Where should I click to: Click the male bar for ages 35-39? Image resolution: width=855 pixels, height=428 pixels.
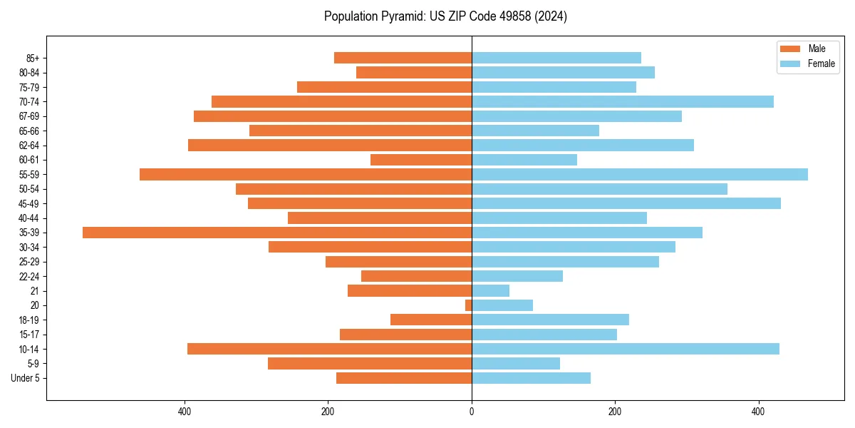click(x=277, y=233)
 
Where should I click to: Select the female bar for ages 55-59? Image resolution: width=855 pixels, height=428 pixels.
click(x=640, y=174)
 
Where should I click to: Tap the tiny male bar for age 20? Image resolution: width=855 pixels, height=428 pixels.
click(x=468, y=305)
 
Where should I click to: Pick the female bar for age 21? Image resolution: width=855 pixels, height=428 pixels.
click(x=490, y=290)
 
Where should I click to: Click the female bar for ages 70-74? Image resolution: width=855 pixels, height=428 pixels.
click(x=623, y=101)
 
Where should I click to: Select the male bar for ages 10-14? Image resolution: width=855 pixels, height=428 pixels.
click(x=329, y=349)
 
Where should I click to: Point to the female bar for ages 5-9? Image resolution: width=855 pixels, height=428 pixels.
click(x=516, y=363)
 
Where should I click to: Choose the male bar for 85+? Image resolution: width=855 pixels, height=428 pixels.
click(x=403, y=58)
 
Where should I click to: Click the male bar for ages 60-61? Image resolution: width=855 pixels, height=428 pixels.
click(x=421, y=160)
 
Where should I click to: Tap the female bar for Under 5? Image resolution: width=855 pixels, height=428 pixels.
click(x=531, y=378)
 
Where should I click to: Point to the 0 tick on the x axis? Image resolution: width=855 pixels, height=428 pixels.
click(x=472, y=412)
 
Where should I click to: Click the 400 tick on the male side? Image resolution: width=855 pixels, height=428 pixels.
click(x=185, y=412)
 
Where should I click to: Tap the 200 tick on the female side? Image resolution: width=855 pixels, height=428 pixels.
click(x=615, y=412)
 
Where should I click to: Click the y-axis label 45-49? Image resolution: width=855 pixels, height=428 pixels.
click(x=29, y=203)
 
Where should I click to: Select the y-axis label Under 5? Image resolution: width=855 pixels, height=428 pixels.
click(x=26, y=378)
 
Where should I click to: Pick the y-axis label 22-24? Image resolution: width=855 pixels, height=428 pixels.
click(x=29, y=276)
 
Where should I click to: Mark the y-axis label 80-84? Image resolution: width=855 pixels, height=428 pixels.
click(x=29, y=72)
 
